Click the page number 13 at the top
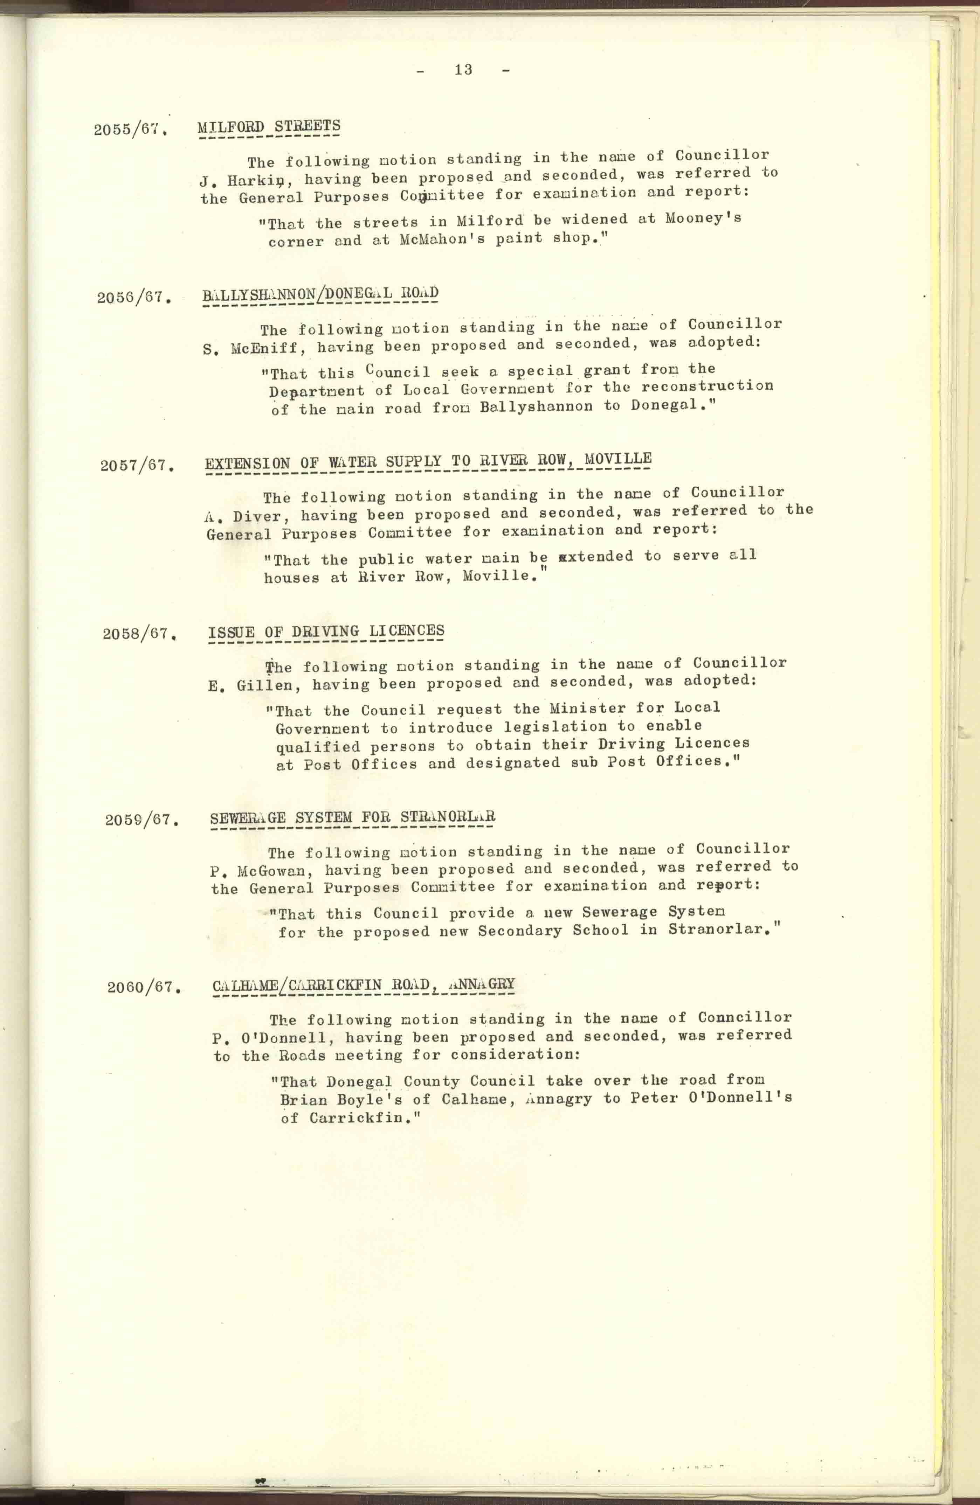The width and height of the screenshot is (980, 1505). (463, 70)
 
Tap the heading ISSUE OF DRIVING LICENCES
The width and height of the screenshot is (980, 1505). (326, 631)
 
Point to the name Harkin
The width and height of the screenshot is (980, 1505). (258, 180)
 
